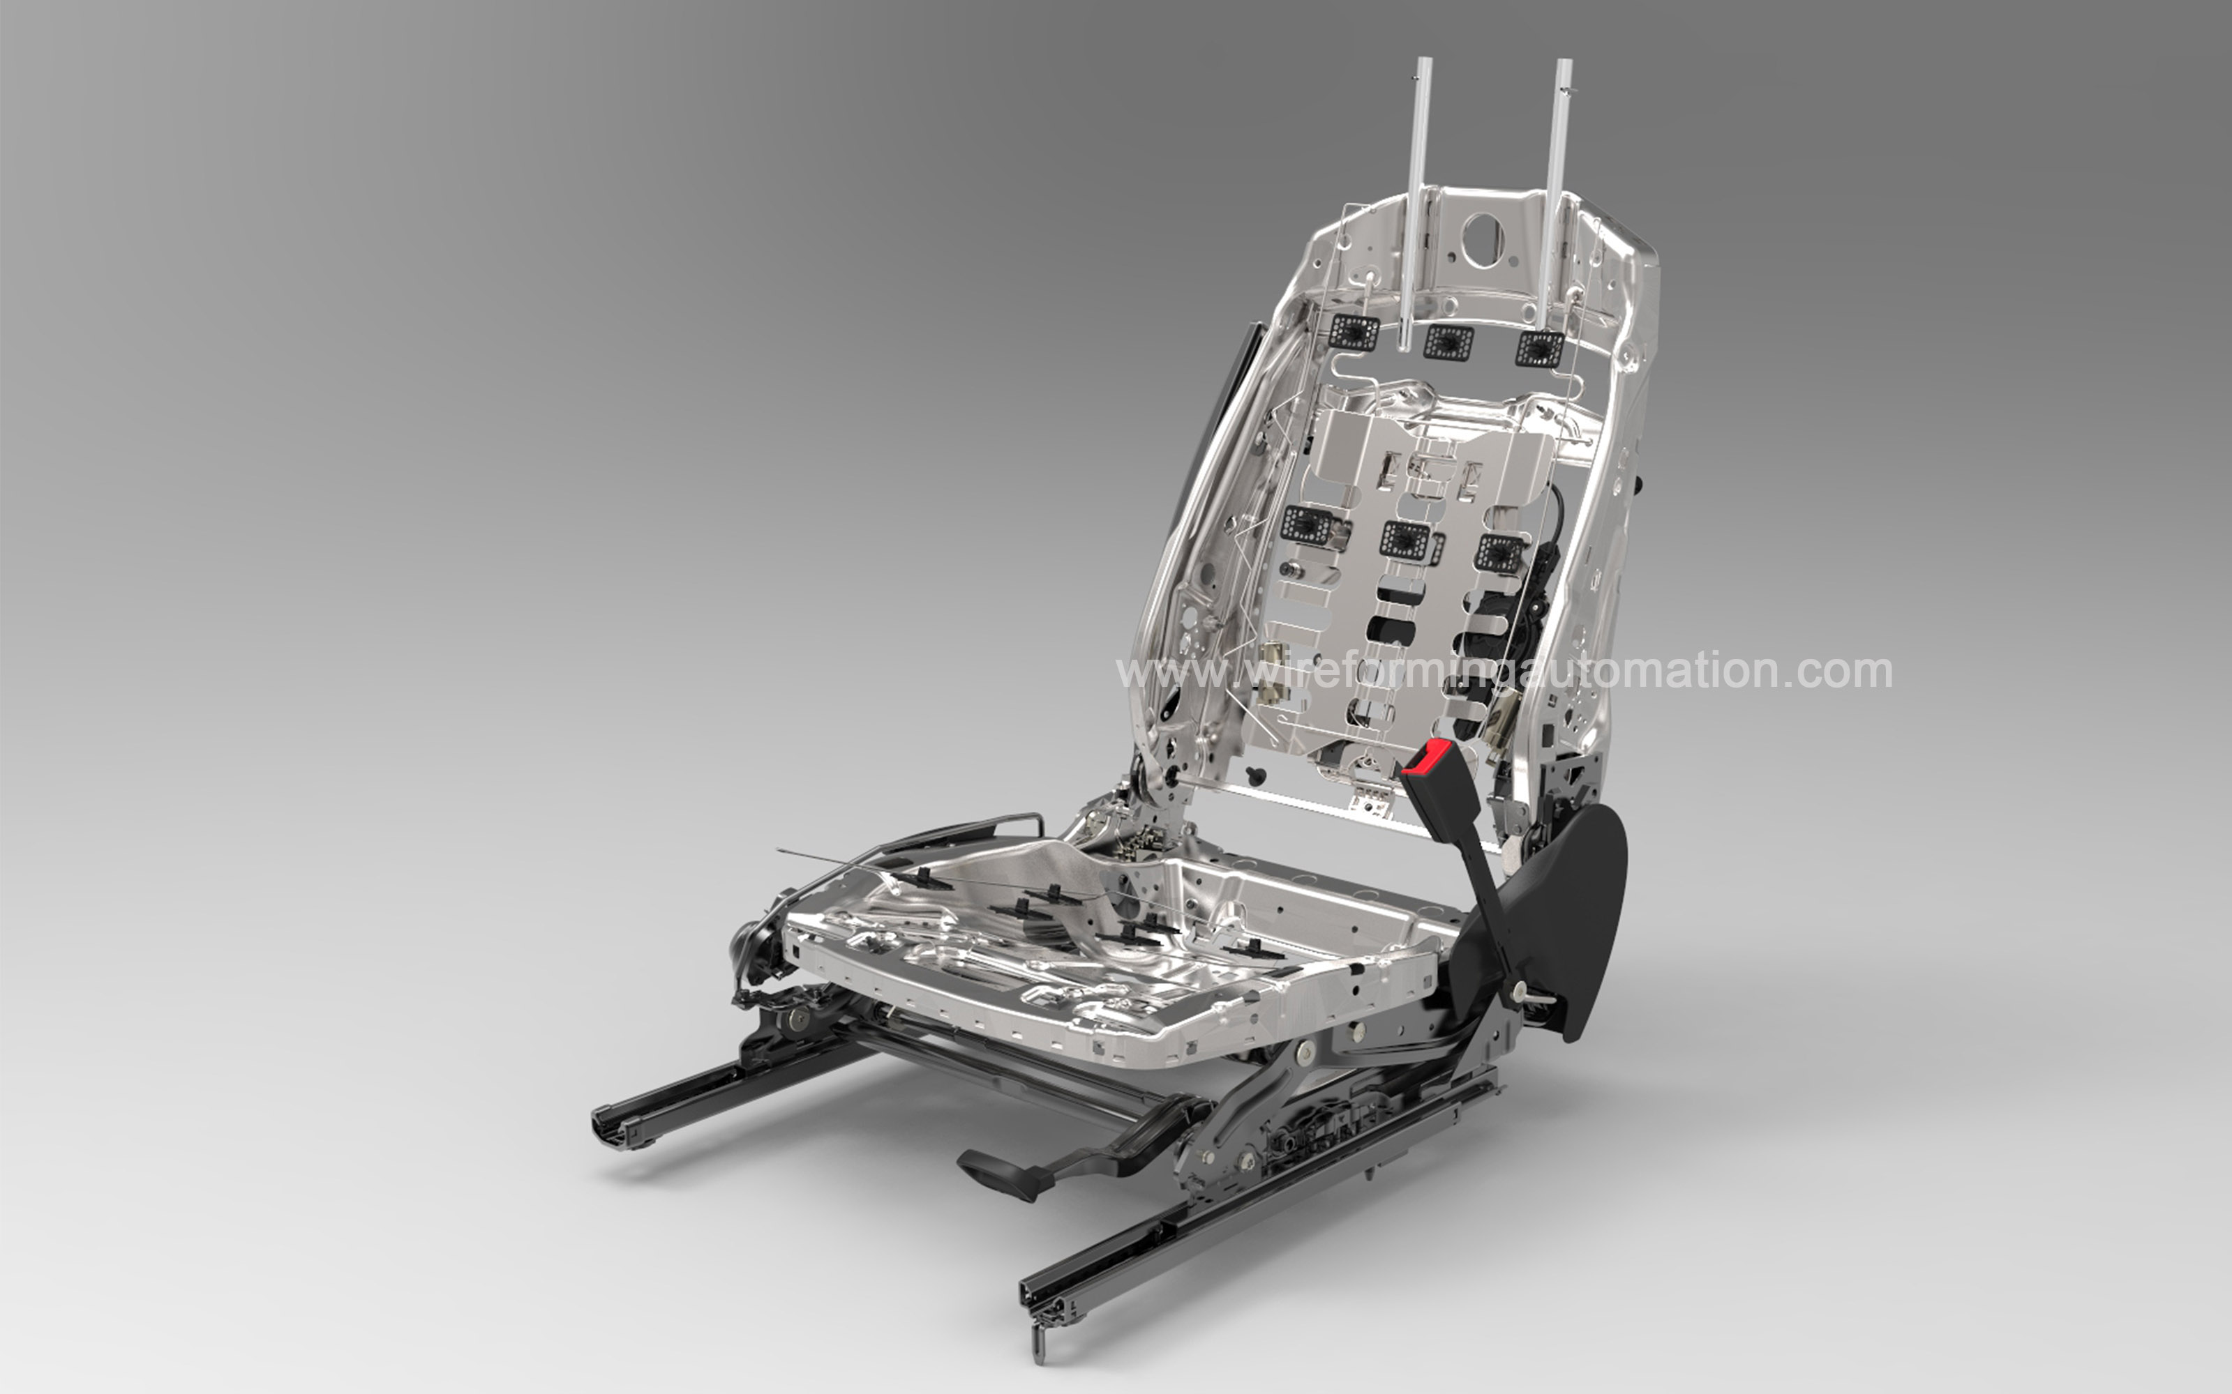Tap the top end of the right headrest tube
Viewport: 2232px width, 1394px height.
pyautogui.click(x=1564, y=63)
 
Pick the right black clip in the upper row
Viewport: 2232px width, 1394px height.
pyautogui.click(x=1538, y=347)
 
